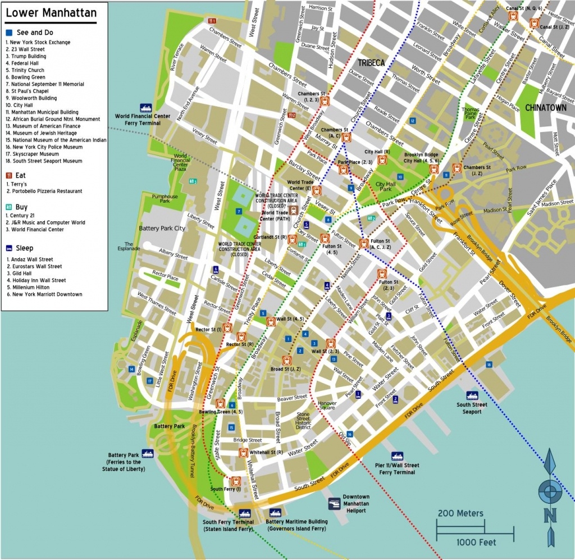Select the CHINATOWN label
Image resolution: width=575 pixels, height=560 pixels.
[x=546, y=108]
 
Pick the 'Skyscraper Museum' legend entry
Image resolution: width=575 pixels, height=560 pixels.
[x=32, y=154]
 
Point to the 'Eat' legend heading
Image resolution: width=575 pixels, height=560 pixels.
[x=21, y=175]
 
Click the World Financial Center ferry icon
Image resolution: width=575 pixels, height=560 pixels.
[x=145, y=107]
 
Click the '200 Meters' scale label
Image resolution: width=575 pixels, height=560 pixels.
[x=460, y=513]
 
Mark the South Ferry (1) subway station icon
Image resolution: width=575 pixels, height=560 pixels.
[x=236, y=481]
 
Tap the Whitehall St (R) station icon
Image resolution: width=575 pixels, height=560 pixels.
[x=243, y=453]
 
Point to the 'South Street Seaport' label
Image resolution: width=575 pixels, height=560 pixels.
[x=472, y=408]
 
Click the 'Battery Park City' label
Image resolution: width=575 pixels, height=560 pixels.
[x=162, y=229]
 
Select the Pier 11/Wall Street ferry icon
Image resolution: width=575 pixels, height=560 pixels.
[x=398, y=456]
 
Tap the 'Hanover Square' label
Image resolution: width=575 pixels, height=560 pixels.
[x=327, y=406]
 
